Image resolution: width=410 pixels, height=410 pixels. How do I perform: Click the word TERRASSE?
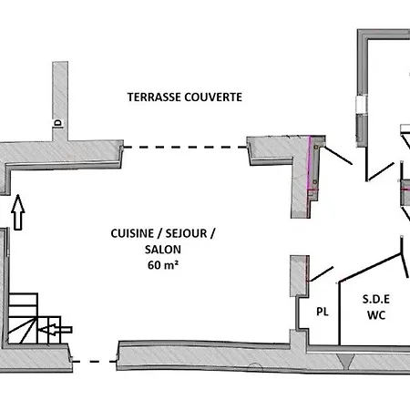tap(154, 97)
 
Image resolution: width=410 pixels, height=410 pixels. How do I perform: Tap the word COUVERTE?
tap(213, 97)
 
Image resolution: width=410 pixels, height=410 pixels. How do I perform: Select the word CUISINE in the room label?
tap(132, 233)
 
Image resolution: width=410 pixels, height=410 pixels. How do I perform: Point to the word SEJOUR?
tap(186, 233)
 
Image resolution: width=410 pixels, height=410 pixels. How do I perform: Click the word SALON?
tap(163, 250)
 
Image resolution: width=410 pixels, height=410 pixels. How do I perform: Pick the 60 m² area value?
tap(163, 265)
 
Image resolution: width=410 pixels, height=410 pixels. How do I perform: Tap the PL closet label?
tap(323, 312)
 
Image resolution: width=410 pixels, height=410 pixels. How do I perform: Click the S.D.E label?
tap(376, 300)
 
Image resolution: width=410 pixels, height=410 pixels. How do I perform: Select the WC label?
tap(376, 315)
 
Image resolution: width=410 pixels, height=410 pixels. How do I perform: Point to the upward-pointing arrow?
tap(18, 212)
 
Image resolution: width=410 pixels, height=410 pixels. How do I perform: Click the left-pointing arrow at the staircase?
tap(56, 330)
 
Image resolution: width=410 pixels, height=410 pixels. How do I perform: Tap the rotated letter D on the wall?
tap(57, 123)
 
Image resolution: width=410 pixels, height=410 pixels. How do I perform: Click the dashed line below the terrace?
tap(185, 148)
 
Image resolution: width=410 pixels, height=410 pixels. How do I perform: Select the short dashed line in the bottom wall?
tap(95, 362)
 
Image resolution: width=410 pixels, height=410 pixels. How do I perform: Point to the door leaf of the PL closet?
tap(321, 274)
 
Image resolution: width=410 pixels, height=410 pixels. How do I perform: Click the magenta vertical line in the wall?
tap(309, 162)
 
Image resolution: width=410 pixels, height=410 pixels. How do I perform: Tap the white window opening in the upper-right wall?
tap(361, 105)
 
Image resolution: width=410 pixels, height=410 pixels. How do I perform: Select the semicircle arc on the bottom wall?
tap(254, 366)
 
